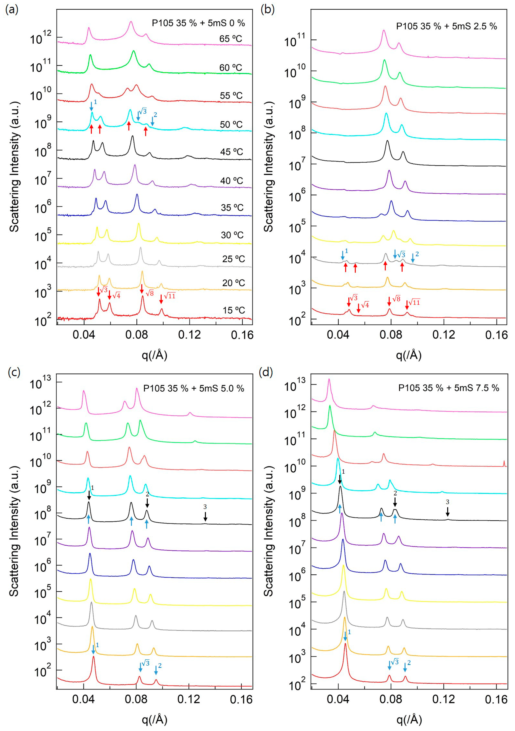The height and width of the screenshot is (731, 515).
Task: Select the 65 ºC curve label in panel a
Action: point(231,39)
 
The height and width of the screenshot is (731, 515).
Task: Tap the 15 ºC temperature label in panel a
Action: point(234,310)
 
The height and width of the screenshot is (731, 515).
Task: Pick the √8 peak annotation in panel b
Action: point(396,299)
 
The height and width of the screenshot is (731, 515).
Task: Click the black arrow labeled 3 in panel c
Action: point(205,516)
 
